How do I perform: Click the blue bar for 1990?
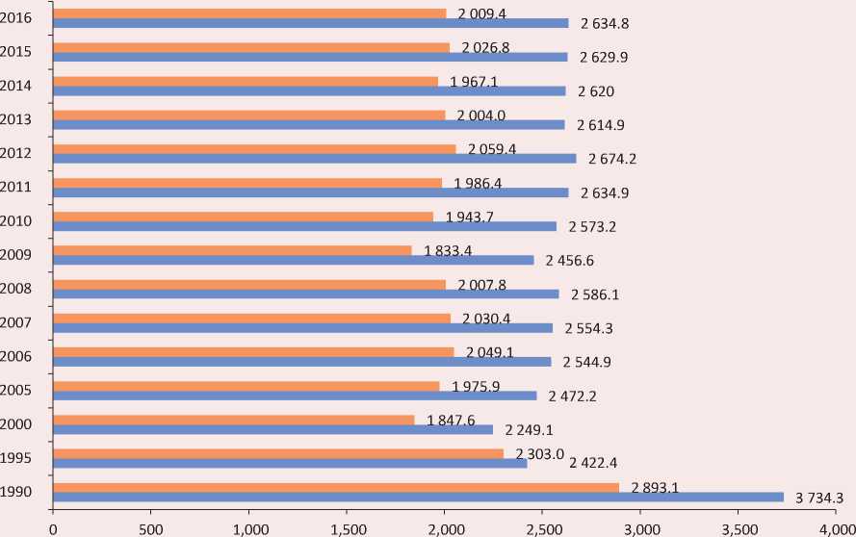(419, 497)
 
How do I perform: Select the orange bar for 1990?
(336, 487)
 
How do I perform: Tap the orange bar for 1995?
(278, 453)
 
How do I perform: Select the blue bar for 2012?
(315, 158)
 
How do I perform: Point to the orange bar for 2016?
(250, 13)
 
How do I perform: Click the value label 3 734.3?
(819, 498)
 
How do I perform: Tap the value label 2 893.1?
(655, 488)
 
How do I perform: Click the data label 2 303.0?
(539, 453)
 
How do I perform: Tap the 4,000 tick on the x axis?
(836, 527)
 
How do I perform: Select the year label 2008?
(17, 289)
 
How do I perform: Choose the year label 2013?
(17, 119)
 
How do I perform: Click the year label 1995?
(17, 458)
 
